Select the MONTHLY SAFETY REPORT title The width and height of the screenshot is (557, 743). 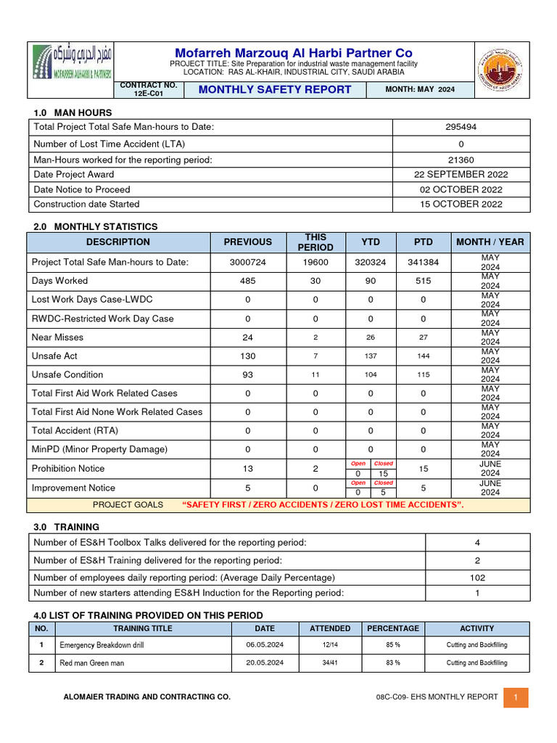click(x=275, y=90)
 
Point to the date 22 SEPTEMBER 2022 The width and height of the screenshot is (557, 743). click(x=461, y=174)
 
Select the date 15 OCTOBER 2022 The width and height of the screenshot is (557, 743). click(x=461, y=204)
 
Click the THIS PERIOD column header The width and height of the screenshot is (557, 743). click(x=315, y=242)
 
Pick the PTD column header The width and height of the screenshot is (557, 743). click(x=423, y=242)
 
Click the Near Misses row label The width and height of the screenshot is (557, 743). click(x=58, y=337)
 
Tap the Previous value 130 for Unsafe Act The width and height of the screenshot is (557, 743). click(x=247, y=356)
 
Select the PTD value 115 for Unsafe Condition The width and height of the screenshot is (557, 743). click(x=423, y=375)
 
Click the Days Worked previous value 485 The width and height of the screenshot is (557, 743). click(x=247, y=281)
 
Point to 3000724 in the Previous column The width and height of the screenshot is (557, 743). click(x=247, y=262)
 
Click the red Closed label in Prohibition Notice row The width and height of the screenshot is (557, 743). click(x=383, y=464)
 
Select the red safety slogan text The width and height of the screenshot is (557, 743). click(x=323, y=505)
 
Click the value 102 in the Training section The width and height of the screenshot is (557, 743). click(x=477, y=578)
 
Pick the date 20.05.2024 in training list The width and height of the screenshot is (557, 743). click(x=265, y=663)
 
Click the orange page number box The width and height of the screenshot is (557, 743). click(x=516, y=697)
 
